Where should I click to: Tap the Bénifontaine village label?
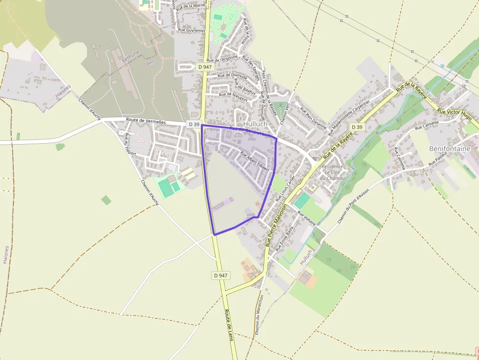click(x=449, y=148)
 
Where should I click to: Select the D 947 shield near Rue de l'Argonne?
click(x=205, y=66)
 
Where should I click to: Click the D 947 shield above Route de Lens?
click(x=220, y=275)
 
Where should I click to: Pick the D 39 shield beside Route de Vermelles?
click(x=194, y=125)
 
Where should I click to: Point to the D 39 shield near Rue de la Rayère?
click(x=357, y=127)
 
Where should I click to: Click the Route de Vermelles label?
click(x=146, y=121)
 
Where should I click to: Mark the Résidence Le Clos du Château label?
click(x=332, y=172)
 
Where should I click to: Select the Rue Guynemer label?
click(x=192, y=30)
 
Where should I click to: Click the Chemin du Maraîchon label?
click(x=259, y=315)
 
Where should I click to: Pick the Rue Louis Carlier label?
click(x=285, y=188)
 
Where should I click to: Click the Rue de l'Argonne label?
click(x=222, y=59)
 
